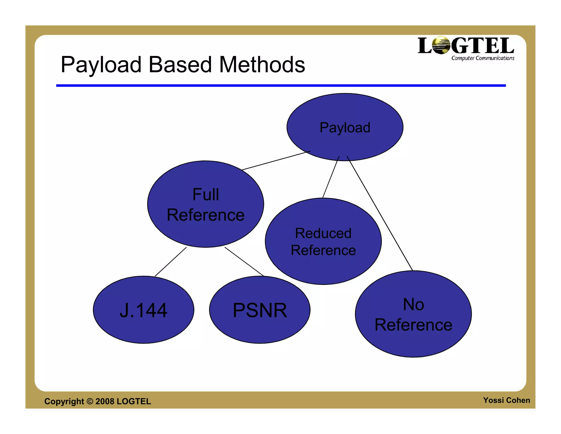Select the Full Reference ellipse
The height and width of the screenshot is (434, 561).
point(205,204)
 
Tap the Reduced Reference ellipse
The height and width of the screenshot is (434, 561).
point(323,241)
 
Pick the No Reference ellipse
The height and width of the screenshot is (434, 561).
point(413,314)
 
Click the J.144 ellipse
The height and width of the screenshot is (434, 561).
point(144,310)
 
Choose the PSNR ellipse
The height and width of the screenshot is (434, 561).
point(260,310)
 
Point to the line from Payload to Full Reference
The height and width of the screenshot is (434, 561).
point(276,160)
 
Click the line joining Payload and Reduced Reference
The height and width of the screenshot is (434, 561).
point(331,177)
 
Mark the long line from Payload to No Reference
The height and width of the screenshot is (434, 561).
point(380,213)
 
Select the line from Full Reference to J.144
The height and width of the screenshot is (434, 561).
point(171,262)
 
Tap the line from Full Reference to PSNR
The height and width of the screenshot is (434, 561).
point(244,262)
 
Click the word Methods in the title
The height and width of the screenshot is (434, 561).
point(262,65)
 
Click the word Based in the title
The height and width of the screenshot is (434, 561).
point(180,65)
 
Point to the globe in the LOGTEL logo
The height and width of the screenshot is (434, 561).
point(440,45)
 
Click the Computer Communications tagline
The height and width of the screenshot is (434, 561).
point(483,58)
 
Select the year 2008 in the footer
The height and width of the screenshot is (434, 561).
point(105,401)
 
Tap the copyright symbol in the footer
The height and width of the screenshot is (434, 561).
point(90,401)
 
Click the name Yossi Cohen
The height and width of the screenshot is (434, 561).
point(506,400)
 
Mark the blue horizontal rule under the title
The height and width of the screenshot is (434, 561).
point(281,86)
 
